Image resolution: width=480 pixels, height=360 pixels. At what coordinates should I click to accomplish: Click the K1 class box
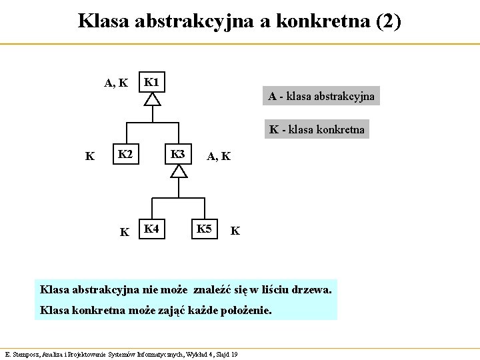tap(153, 83)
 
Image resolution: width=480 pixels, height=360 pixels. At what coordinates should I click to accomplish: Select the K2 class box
tap(125, 155)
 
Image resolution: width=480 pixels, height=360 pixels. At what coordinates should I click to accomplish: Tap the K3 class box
tap(178, 155)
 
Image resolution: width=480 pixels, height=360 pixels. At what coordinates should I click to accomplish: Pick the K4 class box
tap(152, 229)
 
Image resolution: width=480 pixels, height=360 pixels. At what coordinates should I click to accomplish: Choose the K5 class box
tap(204, 229)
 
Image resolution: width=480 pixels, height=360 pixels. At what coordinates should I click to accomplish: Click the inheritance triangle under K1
tap(153, 99)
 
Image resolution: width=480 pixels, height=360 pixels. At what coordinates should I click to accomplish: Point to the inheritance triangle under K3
tap(178, 171)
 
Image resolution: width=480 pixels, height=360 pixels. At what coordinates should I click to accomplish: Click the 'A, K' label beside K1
tap(115, 83)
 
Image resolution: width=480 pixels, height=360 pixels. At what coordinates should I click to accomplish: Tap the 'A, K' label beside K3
tap(219, 157)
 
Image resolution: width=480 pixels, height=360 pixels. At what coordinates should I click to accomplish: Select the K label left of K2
tap(89, 157)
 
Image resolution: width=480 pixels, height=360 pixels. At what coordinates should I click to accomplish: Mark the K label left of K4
tap(124, 232)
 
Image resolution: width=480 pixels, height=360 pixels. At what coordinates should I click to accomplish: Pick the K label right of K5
tap(235, 232)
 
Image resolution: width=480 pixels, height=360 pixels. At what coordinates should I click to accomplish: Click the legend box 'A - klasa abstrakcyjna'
tap(321, 97)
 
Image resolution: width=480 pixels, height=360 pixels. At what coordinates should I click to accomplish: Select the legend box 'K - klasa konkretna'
tap(317, 129)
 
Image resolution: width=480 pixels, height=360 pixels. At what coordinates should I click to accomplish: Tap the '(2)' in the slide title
tap(388, 21)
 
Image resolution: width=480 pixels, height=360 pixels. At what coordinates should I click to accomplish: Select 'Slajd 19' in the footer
tap(225, 354)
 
